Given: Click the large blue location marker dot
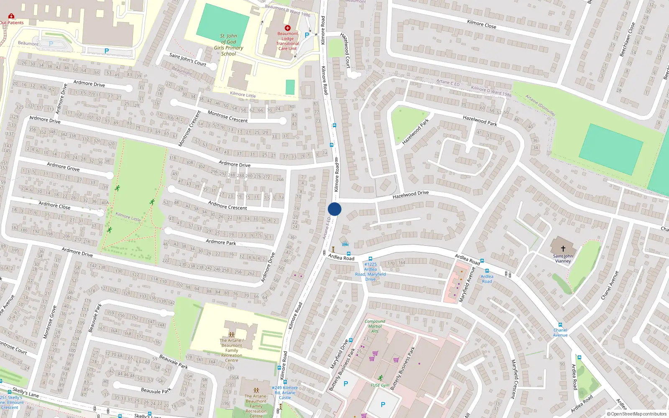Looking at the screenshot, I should [334, 209].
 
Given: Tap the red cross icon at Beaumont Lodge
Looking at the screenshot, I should [287, 28].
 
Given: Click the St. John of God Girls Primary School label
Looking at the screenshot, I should [228, 45].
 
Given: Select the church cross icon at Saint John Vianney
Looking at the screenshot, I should [563, 249].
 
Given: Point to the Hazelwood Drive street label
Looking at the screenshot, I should [410, 194].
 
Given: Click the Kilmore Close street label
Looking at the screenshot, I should [481, 24].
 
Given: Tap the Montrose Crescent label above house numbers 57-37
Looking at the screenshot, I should [227, 117].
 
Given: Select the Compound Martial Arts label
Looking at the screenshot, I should [375, 326].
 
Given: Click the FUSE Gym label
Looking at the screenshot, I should [380, 385].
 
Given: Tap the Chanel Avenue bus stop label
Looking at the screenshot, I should [560, 332].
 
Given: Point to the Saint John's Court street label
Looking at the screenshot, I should [188, 59].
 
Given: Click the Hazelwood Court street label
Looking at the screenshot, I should [345, 50].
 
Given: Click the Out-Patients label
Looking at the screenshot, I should [12, 23].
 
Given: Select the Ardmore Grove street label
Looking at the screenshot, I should [63, 166].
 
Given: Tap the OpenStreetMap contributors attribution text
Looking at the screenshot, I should [636, 414].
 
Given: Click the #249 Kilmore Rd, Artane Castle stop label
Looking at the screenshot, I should [285, 393].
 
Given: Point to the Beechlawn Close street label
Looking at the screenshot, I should [628, 40].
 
